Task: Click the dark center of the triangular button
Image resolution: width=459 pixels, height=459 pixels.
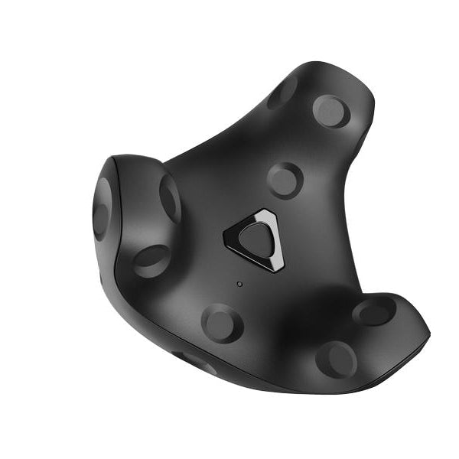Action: pos(256,240)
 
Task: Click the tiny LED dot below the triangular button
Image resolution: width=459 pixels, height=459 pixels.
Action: pos(239,284)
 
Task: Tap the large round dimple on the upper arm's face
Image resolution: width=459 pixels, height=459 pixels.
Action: pos(331,110)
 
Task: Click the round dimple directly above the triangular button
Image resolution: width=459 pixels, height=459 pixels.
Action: pos(285,181)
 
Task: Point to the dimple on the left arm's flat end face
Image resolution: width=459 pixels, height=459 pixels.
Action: pos(101,209)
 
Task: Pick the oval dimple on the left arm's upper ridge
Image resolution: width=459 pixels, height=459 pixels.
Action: pos(170,197)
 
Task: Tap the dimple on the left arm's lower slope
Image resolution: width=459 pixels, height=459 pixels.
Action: pos(151,260)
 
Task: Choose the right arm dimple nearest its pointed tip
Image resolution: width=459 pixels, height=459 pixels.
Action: pos(374,311)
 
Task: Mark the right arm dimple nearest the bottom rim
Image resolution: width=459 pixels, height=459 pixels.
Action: pos(336,358)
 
